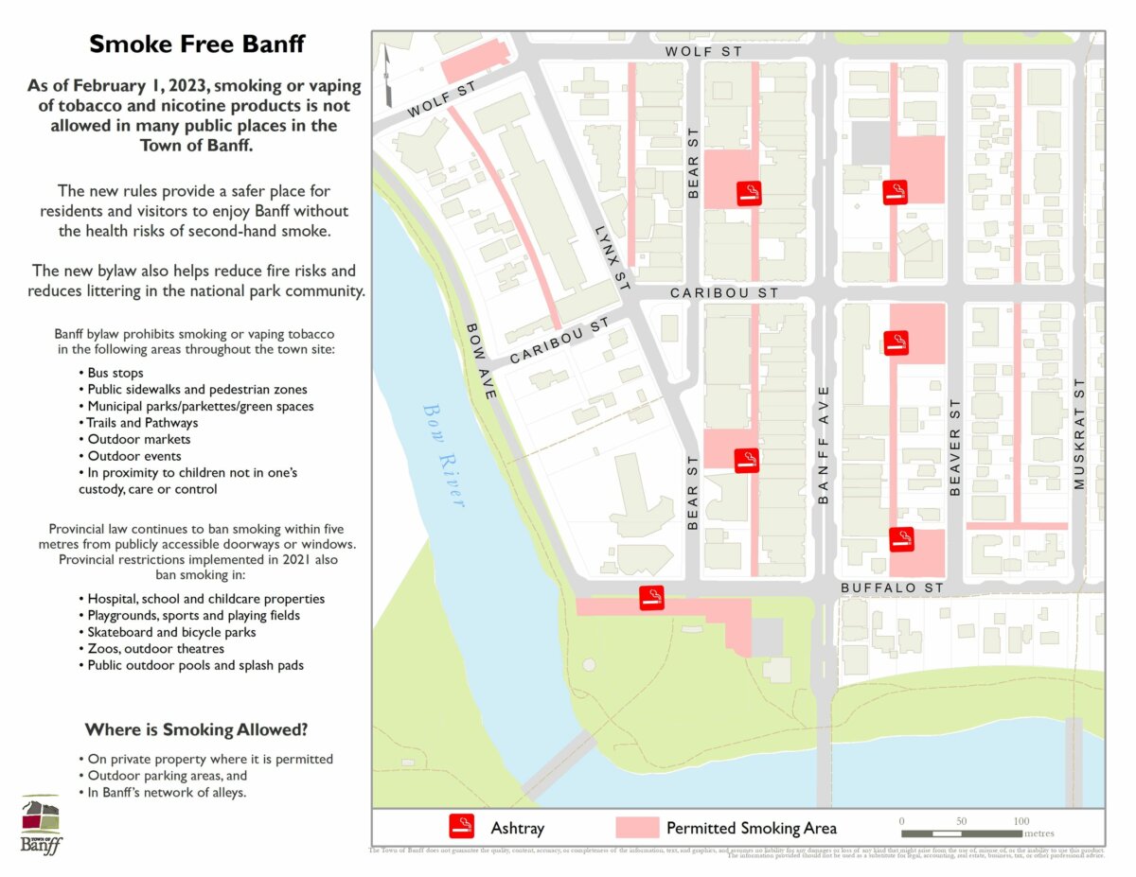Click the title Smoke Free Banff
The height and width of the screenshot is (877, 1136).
(197, 44)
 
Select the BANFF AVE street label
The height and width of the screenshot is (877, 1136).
(823, 444)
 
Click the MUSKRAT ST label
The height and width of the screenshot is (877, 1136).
(1078, 434)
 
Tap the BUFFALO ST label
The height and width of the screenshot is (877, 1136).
(893, 588)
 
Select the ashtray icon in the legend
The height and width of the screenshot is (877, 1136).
(461, 827)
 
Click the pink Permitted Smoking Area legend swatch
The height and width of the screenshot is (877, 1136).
(637, 827)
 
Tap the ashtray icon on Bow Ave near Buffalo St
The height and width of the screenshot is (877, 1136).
(651, 598)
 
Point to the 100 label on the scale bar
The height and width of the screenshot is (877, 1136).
(1021, 820)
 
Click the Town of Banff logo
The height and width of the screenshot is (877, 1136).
(42, 824)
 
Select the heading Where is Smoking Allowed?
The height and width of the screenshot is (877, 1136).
(196, 729)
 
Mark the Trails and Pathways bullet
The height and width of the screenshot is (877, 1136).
(143, 423)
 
